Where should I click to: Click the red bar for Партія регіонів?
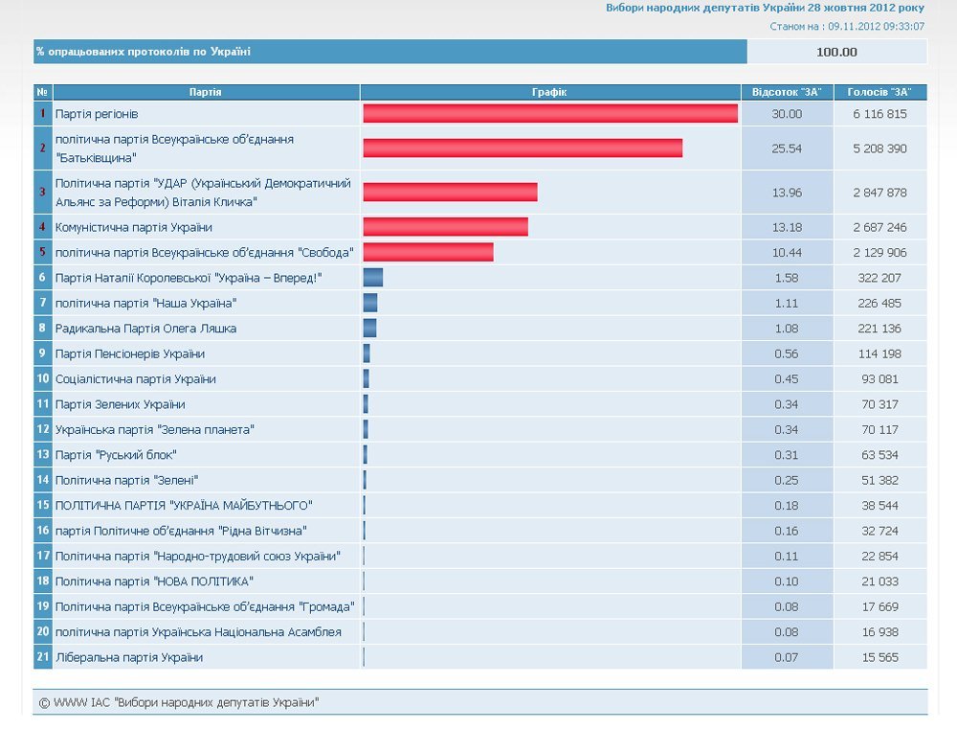pos(550,114)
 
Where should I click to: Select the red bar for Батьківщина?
pos(523,148)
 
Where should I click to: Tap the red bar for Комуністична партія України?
pos(446,227)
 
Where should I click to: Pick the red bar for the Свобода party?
pos(429,252)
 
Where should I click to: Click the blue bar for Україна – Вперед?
pos(373,278)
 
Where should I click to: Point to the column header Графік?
pos(549,92)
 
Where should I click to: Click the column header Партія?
pos(205,92)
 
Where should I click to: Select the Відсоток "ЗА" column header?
pos(787,92)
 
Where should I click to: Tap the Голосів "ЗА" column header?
pos(879,92)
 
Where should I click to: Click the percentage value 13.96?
pos(787,193)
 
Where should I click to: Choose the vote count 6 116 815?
pos(879,114)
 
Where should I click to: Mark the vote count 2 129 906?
pos(879,252)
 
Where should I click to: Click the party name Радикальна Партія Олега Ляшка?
pos(145,329)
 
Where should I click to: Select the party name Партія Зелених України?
pos(121,404)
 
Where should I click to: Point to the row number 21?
pos(43,657)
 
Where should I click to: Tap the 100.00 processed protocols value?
pos(836,52)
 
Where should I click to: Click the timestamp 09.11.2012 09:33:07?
pos(876,26)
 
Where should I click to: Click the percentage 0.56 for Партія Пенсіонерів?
pos(787,353)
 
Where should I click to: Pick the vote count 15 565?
pos(879,657)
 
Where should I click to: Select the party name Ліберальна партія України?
pos(129,657)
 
